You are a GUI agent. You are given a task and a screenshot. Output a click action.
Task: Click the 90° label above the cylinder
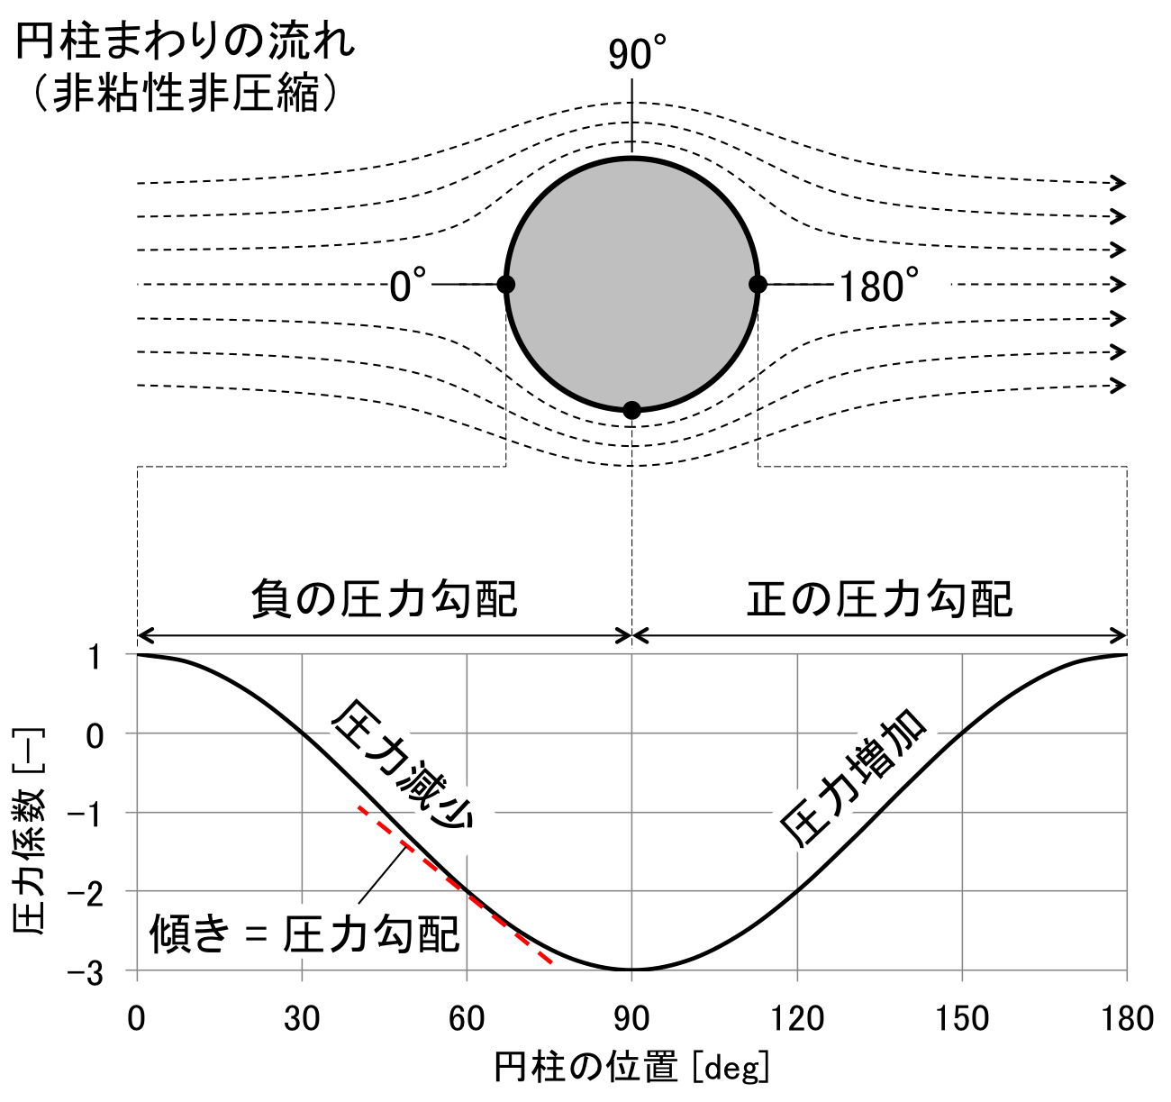pyautogui.click(x=636, y=56)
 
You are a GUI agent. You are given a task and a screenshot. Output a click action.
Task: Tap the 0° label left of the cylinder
pyautogui.click(x=407, y=287)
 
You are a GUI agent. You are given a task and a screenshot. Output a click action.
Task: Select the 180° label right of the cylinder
pyautogui.click(x=879, y=287)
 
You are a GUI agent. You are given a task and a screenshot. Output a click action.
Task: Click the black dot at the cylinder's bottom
pyautogui.click(x=632, y=410)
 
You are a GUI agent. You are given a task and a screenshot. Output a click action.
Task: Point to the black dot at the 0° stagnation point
pyautogui.click(x=506, y=285)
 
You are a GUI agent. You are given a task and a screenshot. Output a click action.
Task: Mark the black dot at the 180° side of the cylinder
pyautogui.click(x=758, y=285)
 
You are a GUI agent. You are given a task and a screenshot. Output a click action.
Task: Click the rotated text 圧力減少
pyautogui.click(x=402, y=766)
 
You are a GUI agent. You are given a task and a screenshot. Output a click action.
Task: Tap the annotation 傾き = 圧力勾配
pyautogui.click(x=304, y=935)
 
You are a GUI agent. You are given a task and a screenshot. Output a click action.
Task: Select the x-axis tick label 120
pyautogui.click(x=797, y=1019)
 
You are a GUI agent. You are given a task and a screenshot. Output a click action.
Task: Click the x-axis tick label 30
pyautogui.click(x=302, y=1019)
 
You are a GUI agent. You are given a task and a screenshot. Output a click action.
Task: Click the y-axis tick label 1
pyautogui.click(x=95, y=655)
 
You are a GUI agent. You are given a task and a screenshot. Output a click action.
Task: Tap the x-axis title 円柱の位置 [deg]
pyautogui.click(x=631, y=1069)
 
